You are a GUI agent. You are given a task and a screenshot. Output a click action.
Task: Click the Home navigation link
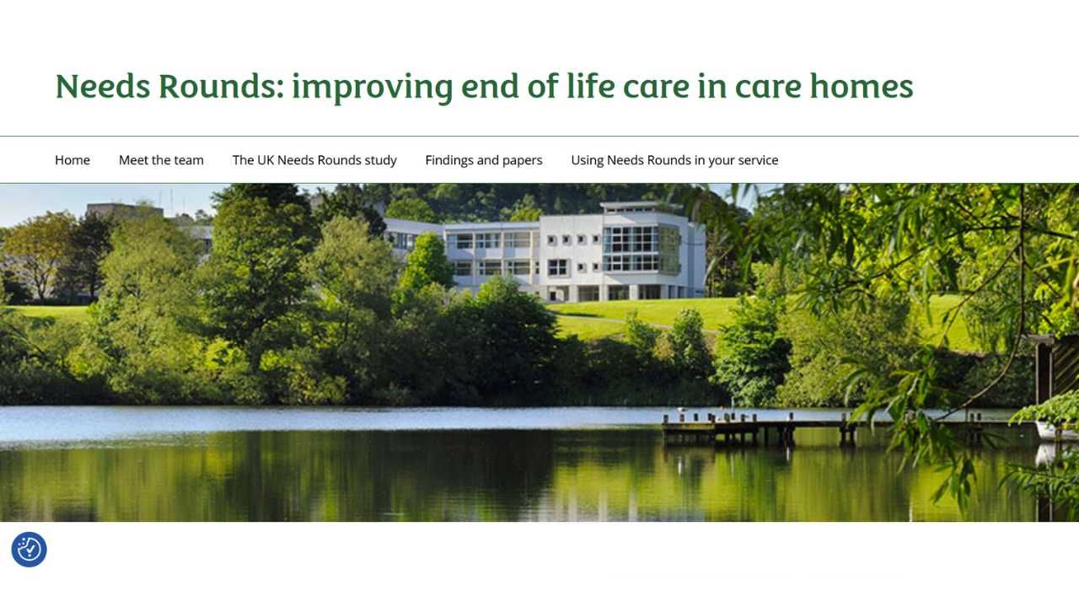tap(72, 160)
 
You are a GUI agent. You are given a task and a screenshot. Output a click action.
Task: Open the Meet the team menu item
tap(161, 160)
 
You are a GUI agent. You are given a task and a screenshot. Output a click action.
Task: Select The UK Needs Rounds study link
tap(314, 160)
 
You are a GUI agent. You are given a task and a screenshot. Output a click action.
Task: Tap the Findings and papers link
tap(484, 160)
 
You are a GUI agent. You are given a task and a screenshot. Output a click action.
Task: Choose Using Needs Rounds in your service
tap(674, 160)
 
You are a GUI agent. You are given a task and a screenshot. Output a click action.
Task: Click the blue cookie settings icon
tap(29, 550)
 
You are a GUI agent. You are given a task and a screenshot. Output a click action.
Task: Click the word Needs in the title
tap(102, 86)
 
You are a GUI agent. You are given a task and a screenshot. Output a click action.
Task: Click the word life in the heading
tap(587, 86)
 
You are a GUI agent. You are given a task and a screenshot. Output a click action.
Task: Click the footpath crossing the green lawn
tap(624, 320)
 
